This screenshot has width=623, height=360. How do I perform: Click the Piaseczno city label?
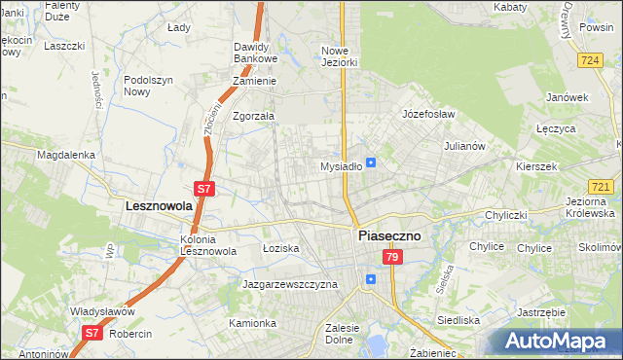pos(388,235)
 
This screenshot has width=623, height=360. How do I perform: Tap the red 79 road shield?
pos(391,257)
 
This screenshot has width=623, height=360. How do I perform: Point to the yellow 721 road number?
pos(601,185)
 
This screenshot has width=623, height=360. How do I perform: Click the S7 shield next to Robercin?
pos(91,333)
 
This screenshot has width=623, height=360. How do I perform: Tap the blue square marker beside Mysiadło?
pos(371,162)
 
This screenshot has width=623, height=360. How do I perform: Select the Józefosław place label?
pos(429,114)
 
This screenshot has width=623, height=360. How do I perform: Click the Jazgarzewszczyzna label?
pos(289,284)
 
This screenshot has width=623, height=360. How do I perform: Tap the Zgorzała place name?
pos(254,116)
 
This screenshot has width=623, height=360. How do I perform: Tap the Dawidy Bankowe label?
pos(257,53)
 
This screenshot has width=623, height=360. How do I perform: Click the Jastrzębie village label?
pos(541,312)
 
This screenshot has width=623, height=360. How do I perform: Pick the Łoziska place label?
pos(281,249)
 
